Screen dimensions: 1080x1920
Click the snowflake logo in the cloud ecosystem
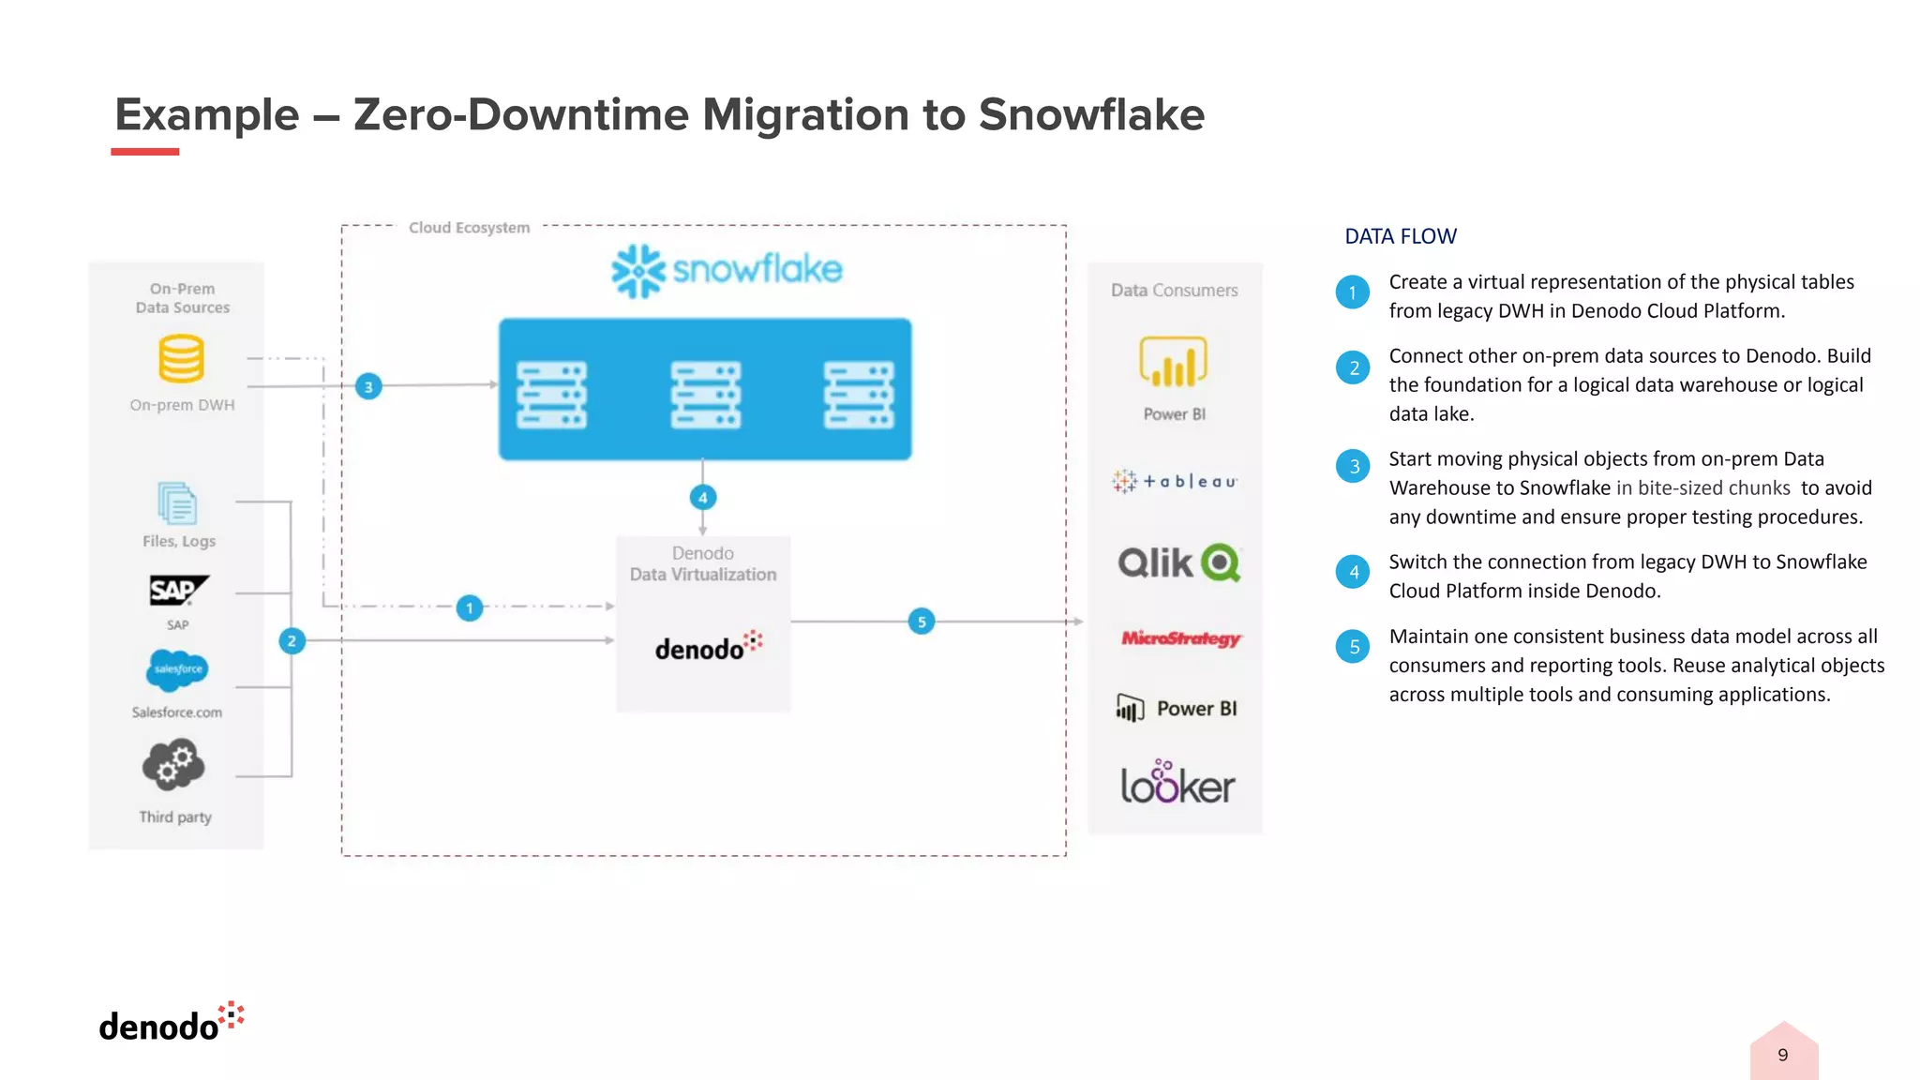point(727,270)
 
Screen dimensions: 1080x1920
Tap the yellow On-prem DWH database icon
point(181,359)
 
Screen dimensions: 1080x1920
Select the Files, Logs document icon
point(177,504)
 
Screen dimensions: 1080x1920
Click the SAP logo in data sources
point(178,591)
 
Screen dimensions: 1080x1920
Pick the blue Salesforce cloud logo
point(177,669)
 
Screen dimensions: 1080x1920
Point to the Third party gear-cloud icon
point(173,765)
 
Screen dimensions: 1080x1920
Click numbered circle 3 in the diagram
point(368,386)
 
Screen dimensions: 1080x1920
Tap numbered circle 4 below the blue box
point(703,498)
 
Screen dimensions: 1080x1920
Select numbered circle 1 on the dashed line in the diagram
point(470,608)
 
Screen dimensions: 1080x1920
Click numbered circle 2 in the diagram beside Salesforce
point(292,641)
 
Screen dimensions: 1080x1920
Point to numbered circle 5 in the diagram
point(922,622)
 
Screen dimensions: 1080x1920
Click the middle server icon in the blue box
point(705,395)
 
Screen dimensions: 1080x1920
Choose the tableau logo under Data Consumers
point(1175,481)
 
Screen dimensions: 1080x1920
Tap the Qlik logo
point(1178,562)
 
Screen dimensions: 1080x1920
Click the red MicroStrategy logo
point(1180,638)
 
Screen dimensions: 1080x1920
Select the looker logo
point(1177,784)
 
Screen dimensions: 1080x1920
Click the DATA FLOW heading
point(1401,236)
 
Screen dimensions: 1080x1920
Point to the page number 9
point(1782,1055)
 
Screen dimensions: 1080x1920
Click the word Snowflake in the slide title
point(1091,115)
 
